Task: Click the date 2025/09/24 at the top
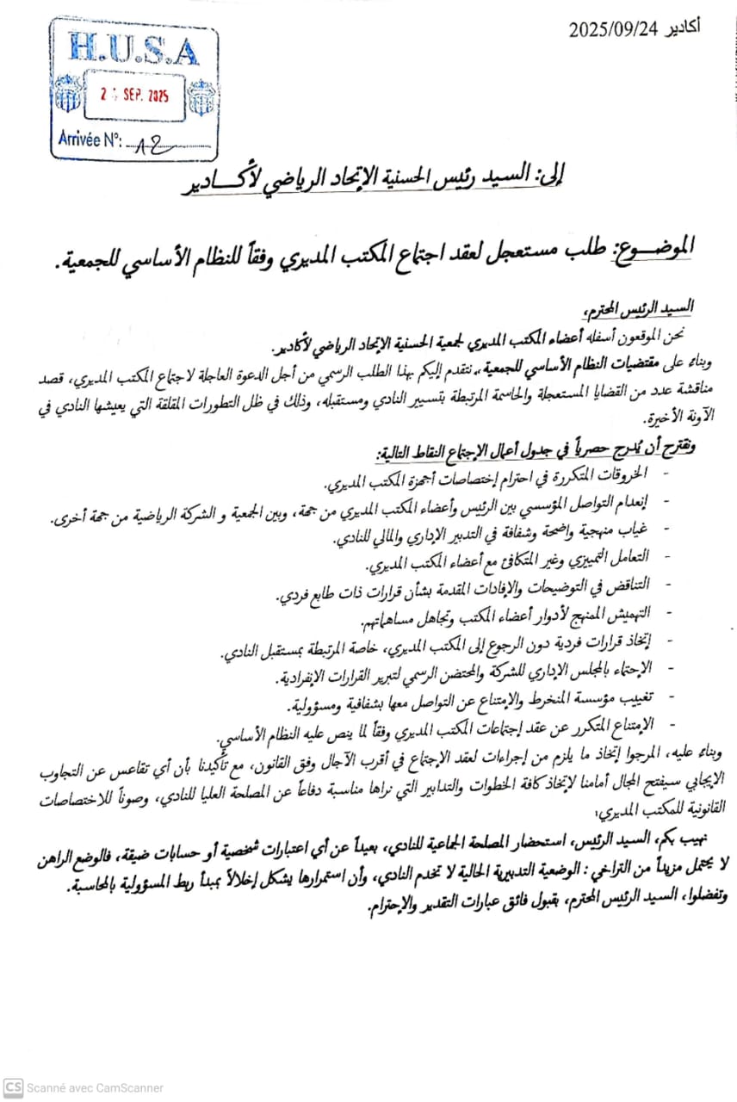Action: click(613, 29)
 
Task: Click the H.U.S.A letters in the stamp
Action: click(133, 50)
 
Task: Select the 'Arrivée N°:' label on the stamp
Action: click(91, 139)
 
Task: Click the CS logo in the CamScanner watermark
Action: click(12, 1087)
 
